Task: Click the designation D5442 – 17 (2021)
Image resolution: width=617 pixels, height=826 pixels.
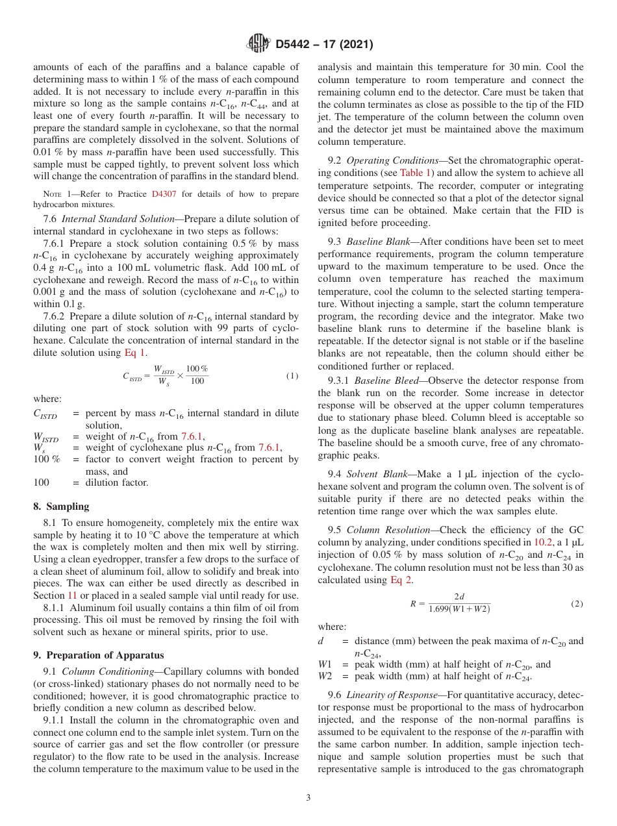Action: [324, 45]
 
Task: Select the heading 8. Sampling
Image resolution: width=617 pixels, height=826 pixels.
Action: [61, 506]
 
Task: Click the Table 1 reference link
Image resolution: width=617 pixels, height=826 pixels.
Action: [414, 172]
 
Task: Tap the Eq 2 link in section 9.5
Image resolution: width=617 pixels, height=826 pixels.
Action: [401, 580]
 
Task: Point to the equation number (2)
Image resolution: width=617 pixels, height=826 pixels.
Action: [577, 603]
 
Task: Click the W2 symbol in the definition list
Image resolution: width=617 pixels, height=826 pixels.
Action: [325, 677]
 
